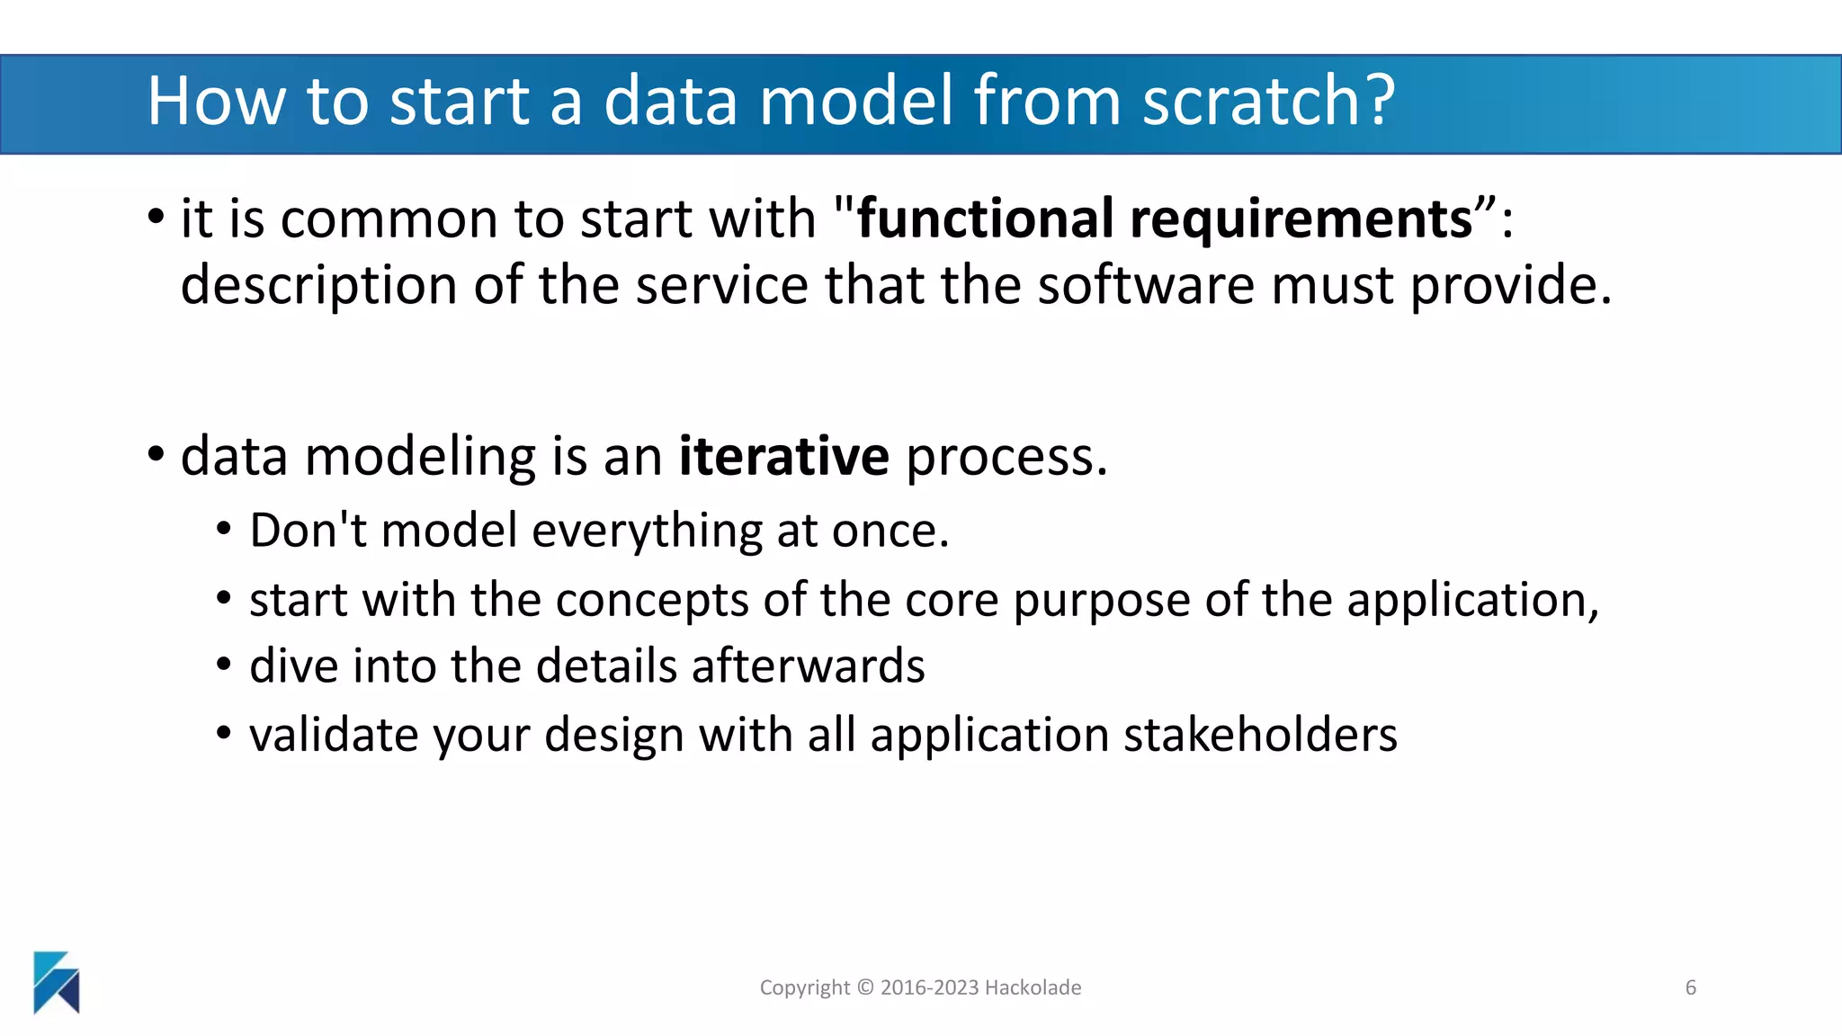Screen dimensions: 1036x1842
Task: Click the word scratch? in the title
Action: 1268,101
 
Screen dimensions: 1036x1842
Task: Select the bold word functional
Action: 985,219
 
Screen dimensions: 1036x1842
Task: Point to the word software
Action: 1145,285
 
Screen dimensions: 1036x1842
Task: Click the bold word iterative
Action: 783,456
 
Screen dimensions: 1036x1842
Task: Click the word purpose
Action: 1102,600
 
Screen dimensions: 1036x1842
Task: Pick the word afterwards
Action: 808,666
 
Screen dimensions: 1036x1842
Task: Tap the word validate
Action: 333,735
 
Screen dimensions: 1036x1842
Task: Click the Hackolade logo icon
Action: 57,982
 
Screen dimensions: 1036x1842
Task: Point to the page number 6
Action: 1691,987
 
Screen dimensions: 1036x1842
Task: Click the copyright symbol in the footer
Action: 865,987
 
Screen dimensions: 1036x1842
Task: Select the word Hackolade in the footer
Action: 1033,987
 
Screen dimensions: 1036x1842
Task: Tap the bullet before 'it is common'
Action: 156,217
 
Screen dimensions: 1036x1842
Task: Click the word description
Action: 318,285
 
